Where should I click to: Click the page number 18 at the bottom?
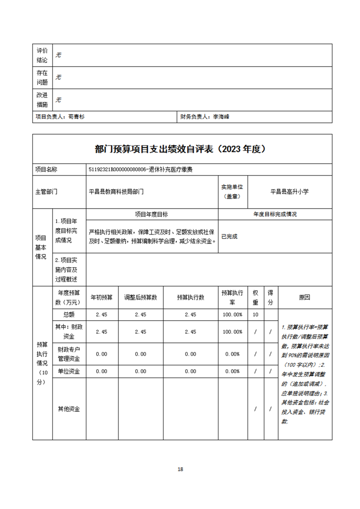[x=180, y=469]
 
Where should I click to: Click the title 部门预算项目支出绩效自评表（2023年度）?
[x=180, y=149]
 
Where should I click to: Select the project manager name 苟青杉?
[x=76, y=117]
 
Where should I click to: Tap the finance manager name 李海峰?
[x=221, y=117]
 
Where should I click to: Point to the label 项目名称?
[x=46, y=169]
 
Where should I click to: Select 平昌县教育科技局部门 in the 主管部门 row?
[x=116, y=192]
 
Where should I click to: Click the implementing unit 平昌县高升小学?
[x=289, y=192]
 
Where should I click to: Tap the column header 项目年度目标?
[x=152, y=214]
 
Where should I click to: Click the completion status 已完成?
[x=229, y=236]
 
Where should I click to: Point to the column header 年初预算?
[x=102, y=297]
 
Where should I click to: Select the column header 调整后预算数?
[x=141, y=297]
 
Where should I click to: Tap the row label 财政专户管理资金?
[x=69, y=354]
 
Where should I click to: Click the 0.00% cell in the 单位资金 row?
[x=232, y=371]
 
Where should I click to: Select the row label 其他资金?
[x=69, y=409]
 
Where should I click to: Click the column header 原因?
[x=305, y=297]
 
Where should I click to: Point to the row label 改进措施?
[x=42, y=100]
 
